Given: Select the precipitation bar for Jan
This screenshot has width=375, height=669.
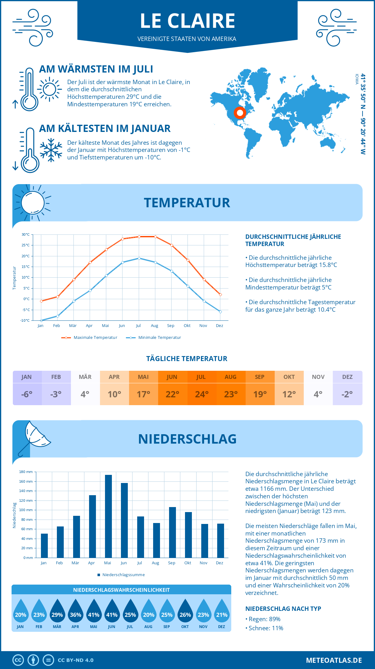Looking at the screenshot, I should click(44, 546).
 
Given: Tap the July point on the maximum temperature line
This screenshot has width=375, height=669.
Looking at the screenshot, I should click(139, 237).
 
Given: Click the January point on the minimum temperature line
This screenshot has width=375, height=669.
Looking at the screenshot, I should click(41, 320).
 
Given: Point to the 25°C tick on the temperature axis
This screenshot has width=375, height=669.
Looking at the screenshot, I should click(26, 245).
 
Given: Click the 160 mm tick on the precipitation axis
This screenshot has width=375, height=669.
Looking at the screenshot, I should click(26, 481).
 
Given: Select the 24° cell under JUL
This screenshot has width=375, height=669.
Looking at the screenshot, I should click(202, 394).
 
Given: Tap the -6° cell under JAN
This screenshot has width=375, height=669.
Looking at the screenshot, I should click(27, 394).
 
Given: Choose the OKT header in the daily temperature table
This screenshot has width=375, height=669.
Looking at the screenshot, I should click(289, 377).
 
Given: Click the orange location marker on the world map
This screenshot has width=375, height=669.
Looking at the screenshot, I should click(240, 113).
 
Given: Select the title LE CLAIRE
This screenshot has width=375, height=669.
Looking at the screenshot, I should click(187, 21).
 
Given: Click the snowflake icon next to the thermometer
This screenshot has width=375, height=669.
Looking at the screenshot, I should click(51, 150).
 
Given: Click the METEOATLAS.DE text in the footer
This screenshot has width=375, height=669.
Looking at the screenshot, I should click(334, 660).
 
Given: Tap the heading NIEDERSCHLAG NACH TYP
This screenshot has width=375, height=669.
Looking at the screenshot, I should click(283, 609).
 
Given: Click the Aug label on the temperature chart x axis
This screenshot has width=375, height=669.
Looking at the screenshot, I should click(154, 326).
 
